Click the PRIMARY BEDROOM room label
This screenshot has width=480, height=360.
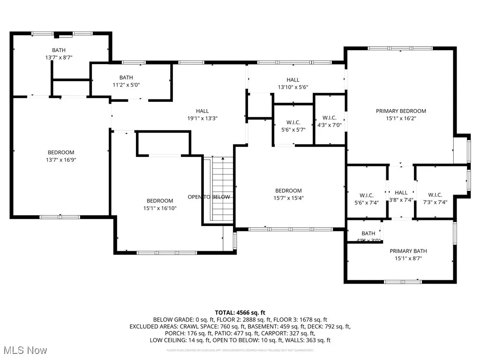coord(401,111)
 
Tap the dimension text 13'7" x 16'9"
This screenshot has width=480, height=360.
coord(60,160)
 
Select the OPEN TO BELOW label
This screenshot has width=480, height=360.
coord(209,197)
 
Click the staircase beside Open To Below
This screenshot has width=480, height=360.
coord(223,187)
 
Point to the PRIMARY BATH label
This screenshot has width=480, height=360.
coord(408,251)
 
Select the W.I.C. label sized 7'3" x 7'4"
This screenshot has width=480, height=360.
coord(435,195)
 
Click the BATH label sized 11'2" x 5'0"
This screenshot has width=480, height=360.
coord(126,77)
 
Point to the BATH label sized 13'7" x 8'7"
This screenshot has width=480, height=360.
coord(59,50)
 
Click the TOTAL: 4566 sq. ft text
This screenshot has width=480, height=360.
coord(240,312)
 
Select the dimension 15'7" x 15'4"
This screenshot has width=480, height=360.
coord(288,198)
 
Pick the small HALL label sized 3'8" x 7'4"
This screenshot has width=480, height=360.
coord(401,193)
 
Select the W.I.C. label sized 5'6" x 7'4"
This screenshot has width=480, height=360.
coord(366,195)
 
